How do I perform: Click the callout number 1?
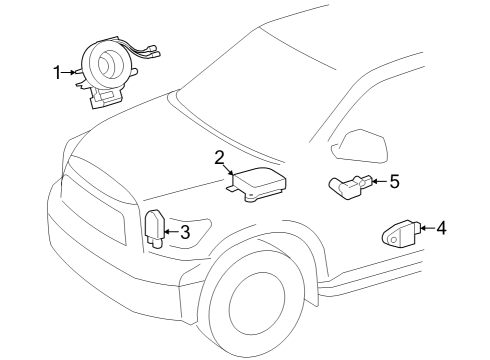(x=57, y=71)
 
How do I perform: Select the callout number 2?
(x=219, y=157)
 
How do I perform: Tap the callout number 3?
(x=185, y=233)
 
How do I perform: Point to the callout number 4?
(x=441, y=228)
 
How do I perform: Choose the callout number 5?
(x=394, y=181)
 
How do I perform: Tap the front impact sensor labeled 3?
(x=155, y=228)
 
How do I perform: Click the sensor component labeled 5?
(x=350, y=185)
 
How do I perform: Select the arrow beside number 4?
(x=425, y=228)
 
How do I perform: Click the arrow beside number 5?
(x=378, y=181)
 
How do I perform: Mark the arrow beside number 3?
(x=170, y=233)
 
